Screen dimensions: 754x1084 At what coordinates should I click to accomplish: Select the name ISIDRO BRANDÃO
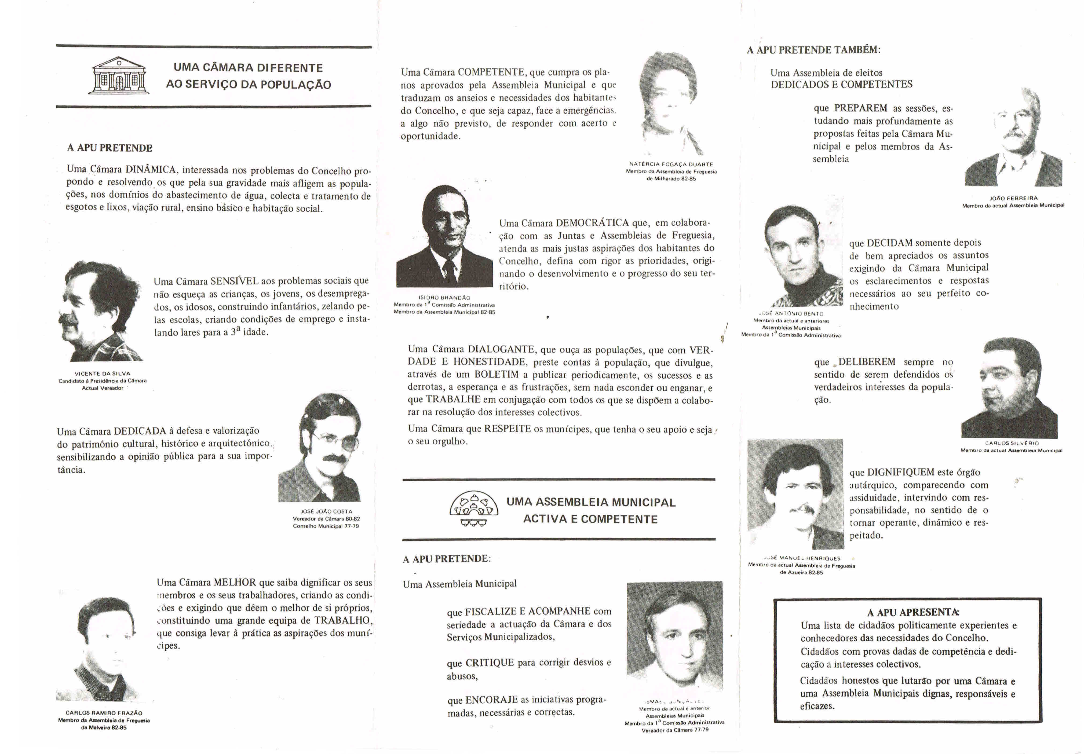pos(444,298)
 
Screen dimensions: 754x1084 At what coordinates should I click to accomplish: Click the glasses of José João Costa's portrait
pos(334,441)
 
